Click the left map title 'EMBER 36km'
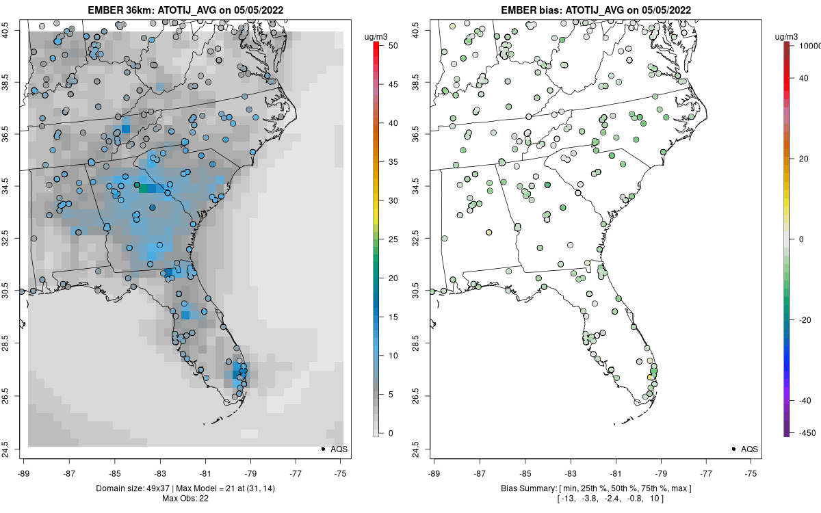116,10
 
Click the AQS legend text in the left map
339,449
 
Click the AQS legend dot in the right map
733,449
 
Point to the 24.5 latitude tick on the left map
14,449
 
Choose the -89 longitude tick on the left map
24,472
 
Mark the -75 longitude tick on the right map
751,472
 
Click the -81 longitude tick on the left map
205,472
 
